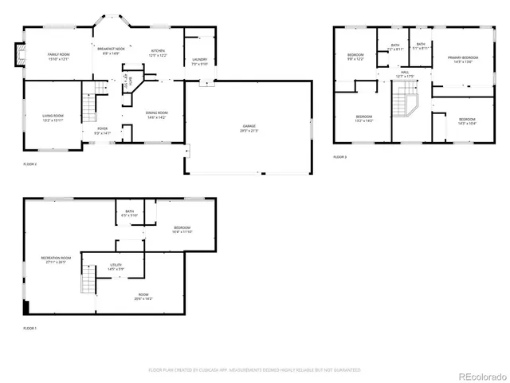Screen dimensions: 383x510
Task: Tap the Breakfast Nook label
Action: tap(112, 51)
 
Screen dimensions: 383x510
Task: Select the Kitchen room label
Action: tap(158, 53)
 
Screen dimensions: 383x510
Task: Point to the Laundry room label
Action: tap(199, 61)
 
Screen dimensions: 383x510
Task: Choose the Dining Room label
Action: tap(157, 115)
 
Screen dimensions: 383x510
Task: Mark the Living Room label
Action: tap(53, 118)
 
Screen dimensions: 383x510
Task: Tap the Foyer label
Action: tap(103, 130)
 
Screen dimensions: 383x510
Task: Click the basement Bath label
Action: tap(129, 213)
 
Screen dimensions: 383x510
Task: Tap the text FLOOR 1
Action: tap(30, 328)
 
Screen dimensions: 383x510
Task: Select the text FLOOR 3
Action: tap(340, 157)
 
